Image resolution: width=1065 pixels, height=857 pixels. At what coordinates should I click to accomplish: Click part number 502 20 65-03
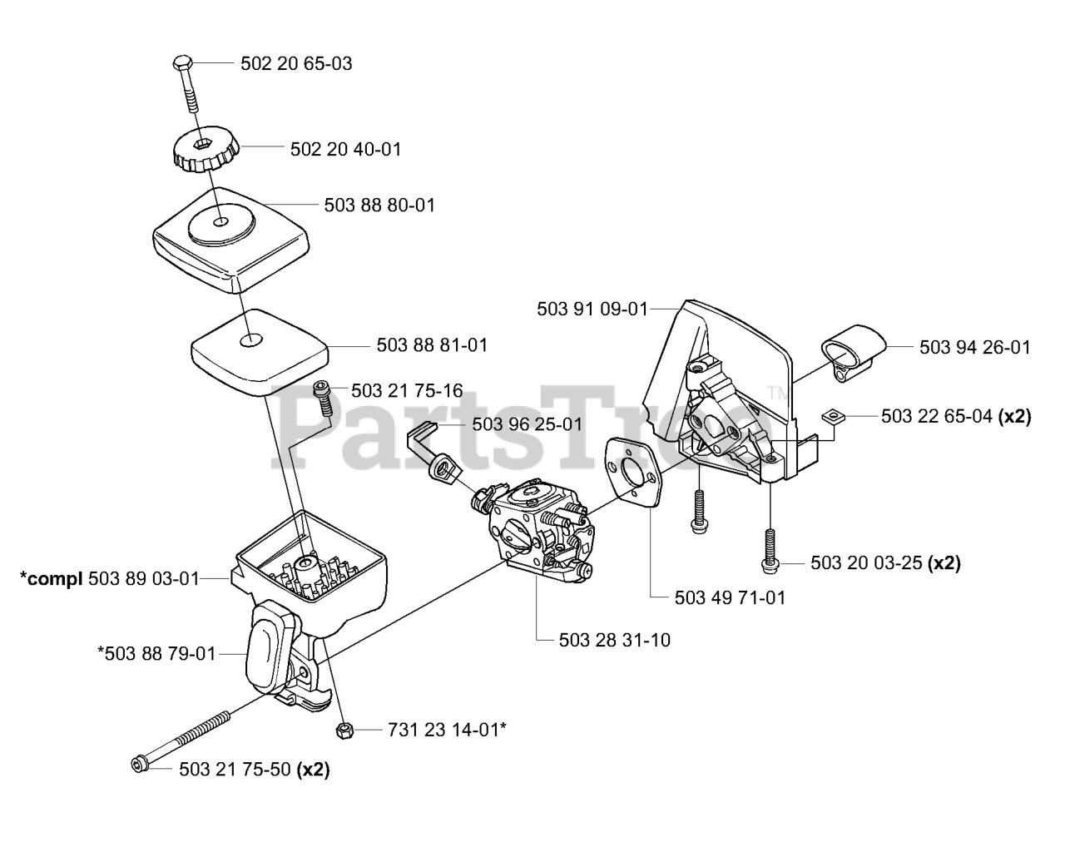(295, 63)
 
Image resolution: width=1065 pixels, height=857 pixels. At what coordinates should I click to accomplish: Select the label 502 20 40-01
(345, 149)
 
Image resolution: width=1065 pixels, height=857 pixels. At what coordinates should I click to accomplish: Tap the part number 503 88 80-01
(379, 205)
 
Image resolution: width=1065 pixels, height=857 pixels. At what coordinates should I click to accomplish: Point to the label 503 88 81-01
(432, 344)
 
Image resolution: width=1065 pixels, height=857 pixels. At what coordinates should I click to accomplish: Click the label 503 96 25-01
(527, 424)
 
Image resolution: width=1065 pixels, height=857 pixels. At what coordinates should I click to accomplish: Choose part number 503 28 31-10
(615, 640)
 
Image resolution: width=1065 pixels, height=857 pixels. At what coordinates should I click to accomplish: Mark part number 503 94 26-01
(975, 347)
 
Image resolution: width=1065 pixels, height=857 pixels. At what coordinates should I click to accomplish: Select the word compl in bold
(51, 578)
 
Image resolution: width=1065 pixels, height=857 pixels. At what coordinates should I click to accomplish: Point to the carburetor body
(541, 533)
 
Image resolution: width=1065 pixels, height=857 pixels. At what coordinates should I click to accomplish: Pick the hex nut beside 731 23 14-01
(344, 730)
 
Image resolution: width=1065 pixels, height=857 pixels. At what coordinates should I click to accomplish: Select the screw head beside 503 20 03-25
(768, 564)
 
